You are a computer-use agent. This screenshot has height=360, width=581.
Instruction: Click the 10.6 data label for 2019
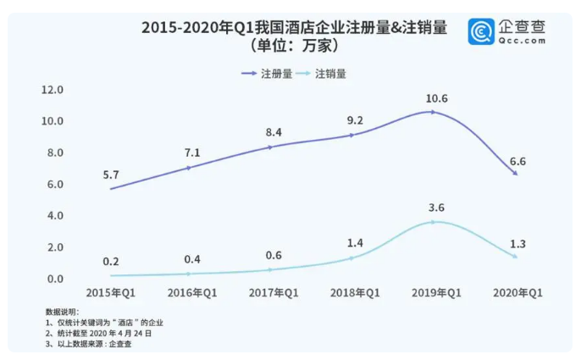(x=437, y=98)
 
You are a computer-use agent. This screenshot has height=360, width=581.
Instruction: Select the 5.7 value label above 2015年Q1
(x=110, y=175)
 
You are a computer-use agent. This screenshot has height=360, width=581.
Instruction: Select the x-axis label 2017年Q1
(x=273, y=293)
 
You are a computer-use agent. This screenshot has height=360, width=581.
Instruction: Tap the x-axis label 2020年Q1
(x=517, y=293)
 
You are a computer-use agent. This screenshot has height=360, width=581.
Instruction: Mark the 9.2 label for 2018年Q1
(x=356, y=121)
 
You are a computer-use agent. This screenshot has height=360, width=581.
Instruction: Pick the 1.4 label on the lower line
(x=354, y=242)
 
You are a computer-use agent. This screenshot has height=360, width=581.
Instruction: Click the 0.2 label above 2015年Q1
(x=110, y=262)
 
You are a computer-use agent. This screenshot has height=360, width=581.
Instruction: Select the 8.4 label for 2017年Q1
(x=273, y=131)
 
